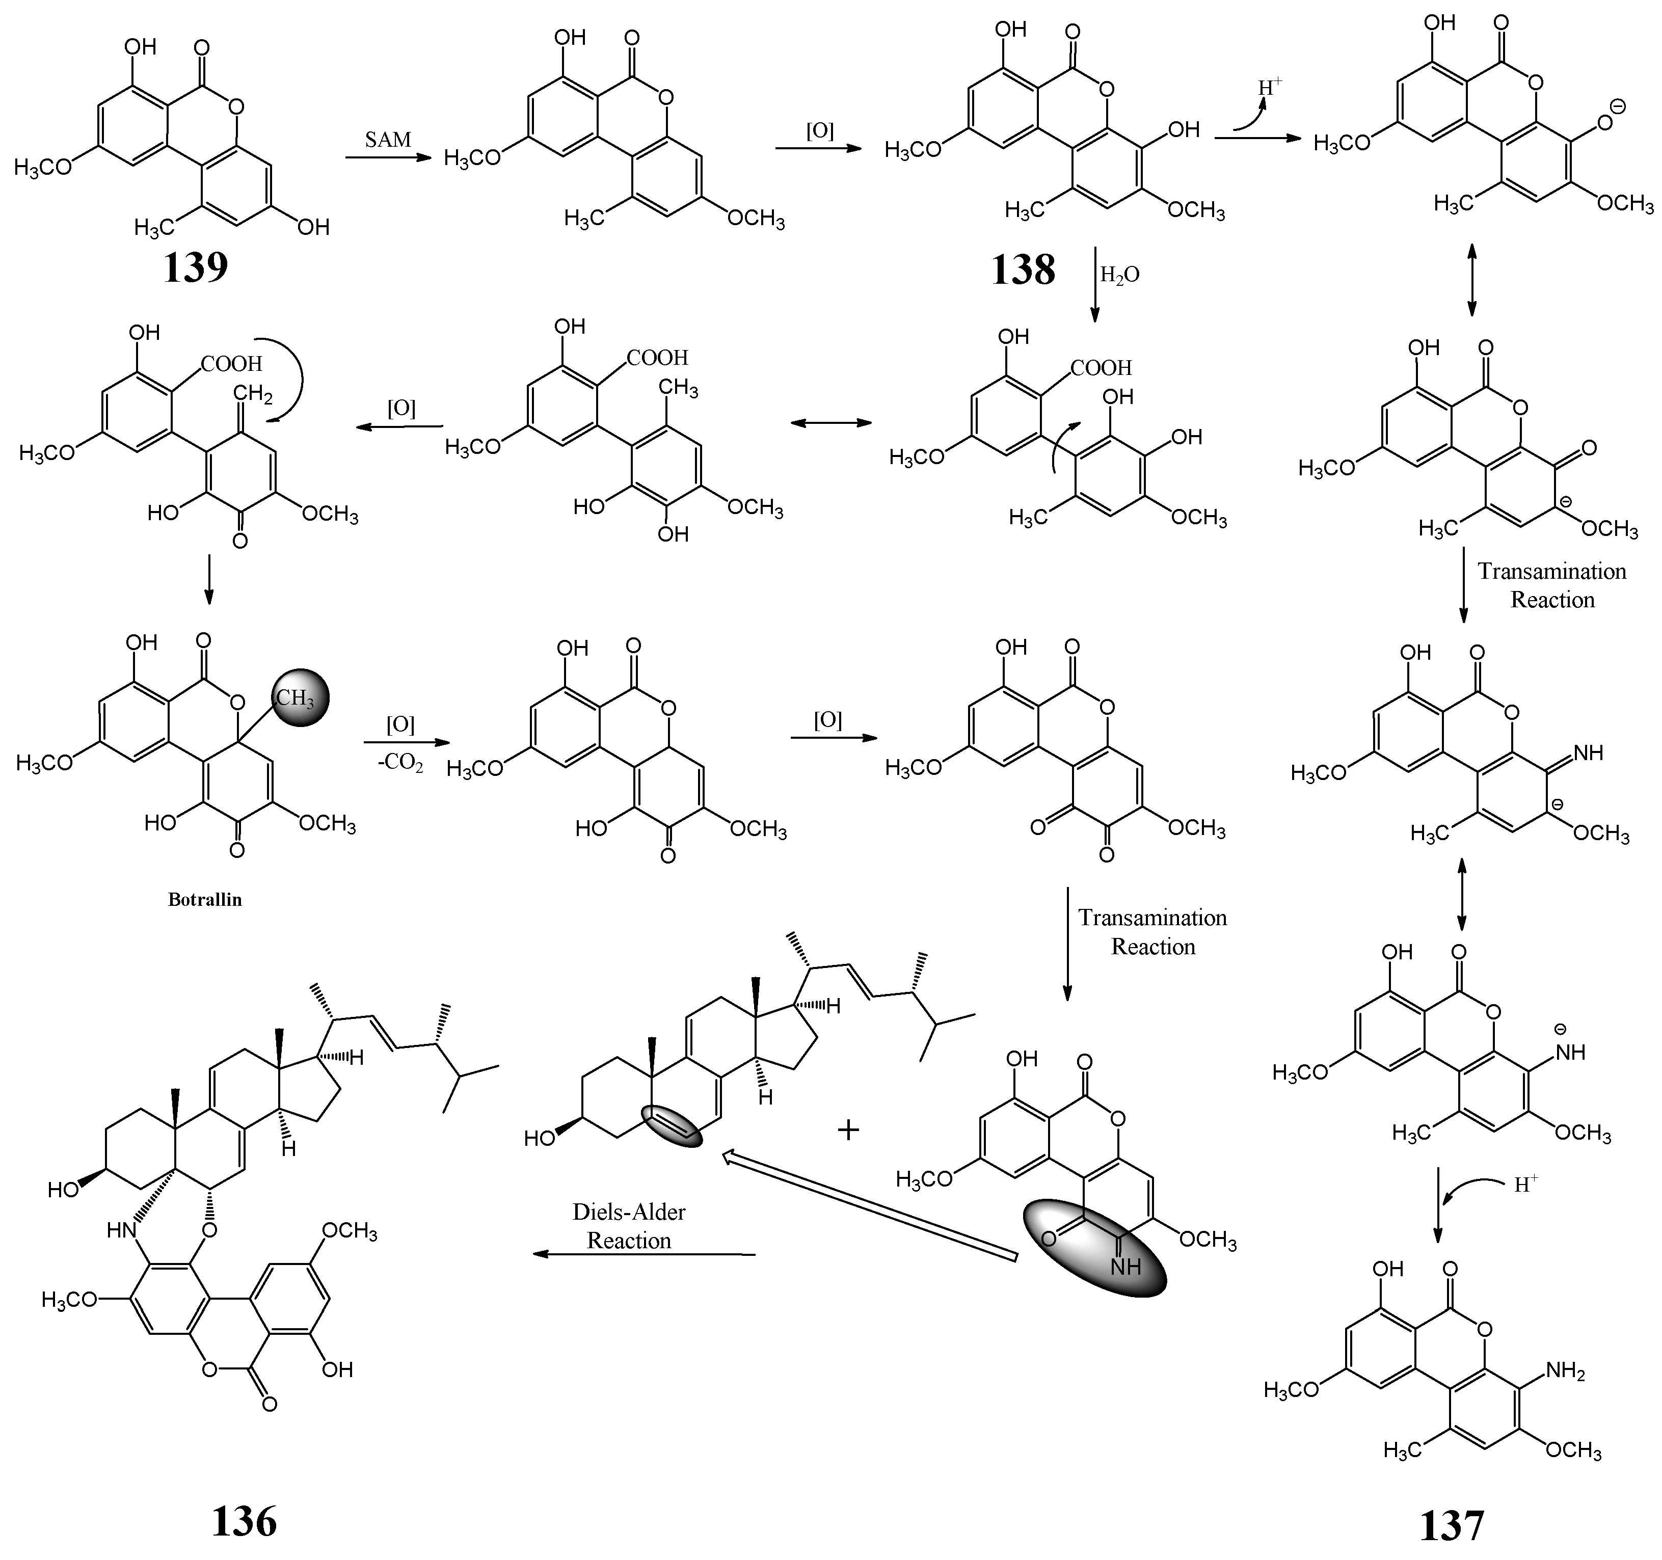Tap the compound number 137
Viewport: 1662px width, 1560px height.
click(1452, 1525)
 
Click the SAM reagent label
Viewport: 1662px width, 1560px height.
click(388, 140)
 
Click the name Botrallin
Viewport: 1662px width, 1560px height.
click(205, 900)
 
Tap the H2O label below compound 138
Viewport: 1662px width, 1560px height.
click(1119, 275)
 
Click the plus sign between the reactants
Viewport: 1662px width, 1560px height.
click(848, 1131)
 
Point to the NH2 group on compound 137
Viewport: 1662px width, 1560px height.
click(1566, 1371)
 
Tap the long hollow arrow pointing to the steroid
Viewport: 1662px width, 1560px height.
click(869, 1206)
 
